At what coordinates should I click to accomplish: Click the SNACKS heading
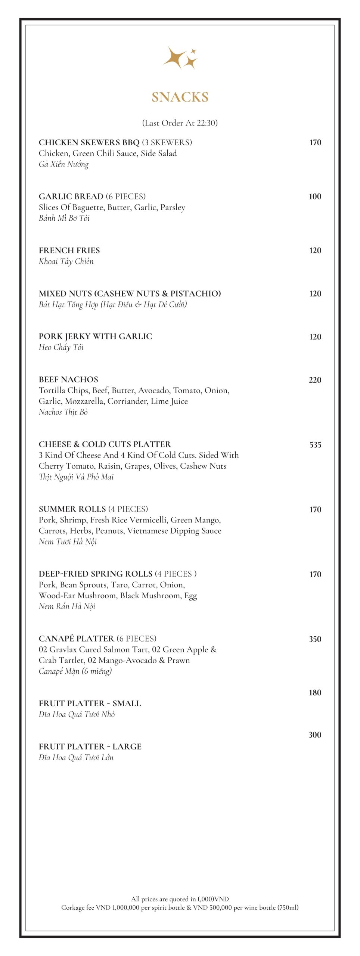tap(180, 97)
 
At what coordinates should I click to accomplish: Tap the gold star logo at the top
tap(180, 58)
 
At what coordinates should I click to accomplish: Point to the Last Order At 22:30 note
tap(180, 123)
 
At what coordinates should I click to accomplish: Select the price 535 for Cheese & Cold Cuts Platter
tap(315, 445)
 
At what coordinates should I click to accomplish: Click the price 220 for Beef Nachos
tap(315, 380)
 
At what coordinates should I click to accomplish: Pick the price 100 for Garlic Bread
tap(315, 196)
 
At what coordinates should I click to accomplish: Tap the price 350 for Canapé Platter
tap(315, 639)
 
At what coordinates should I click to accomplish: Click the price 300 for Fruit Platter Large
tap(315, 735)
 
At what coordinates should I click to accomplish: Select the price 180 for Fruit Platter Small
tap(315, 693)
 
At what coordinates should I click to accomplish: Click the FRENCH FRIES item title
tap(69, 251)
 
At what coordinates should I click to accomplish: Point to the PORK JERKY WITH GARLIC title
tap(95, 336)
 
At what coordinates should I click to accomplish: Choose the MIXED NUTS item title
tap(130, 294)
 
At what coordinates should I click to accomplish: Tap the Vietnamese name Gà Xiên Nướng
tap(63, 164)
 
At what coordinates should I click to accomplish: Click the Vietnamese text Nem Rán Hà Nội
tap(67, 606)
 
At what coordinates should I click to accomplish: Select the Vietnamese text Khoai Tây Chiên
tap(66, 261)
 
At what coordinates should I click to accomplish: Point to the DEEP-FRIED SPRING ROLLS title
tap(96, 574)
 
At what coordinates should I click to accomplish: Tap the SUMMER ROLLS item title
tap(72, 509)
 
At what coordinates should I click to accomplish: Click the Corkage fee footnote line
tap(180, 907)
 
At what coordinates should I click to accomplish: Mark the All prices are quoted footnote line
tap(180, 899)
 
